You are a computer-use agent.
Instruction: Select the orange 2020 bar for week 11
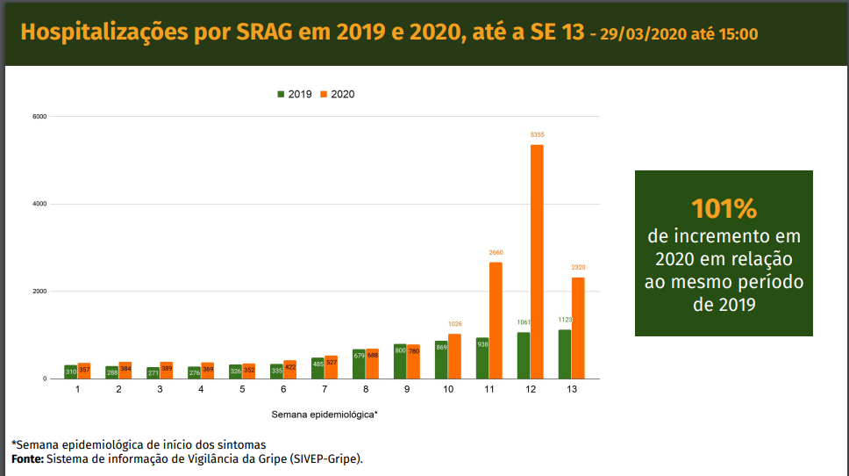pos(496,321)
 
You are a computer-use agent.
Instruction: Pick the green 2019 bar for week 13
pos(565,354)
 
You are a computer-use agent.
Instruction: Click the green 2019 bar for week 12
pos(524,356)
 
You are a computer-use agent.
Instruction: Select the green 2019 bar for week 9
pos(400,361)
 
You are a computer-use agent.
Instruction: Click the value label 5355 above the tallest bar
pos(537,134)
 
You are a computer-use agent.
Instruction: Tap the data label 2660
pos(496,253)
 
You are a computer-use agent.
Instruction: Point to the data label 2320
pos(578,268)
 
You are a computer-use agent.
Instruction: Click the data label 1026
pos(454,324)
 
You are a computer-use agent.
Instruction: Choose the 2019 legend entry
pos(295,94)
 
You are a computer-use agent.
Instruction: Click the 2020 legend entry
pos(338,94)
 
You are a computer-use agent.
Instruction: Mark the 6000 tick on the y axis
pos(39,117)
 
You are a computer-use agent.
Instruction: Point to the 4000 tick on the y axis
pos(39,205)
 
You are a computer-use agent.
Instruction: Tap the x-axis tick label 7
pos(325,388)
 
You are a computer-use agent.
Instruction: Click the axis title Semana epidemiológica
pos(325,413)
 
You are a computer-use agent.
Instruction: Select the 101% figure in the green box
pos(724,209)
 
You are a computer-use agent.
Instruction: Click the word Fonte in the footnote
pos(27,458)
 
